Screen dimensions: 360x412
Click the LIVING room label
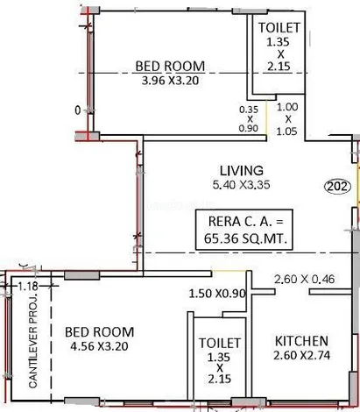pos(241,171)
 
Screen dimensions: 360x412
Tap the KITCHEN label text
pos(301,341)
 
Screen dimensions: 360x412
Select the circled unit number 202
pos(338,186)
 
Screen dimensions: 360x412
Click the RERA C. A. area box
pos(244,230)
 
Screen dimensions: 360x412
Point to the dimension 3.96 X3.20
pos(170,80)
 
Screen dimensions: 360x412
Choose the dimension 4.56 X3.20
pos(99,346)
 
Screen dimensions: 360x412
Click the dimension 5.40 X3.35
pos(241,185)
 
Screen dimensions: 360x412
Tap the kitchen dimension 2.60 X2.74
pos(301,355)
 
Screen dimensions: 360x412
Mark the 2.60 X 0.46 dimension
pos(304,279)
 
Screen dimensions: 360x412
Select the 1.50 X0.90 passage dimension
pos(217,294)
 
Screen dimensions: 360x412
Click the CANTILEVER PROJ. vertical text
pos(33,337)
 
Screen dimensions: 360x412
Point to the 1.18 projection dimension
pos(28,286)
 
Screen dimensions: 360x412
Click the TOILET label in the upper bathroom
pos(279,28)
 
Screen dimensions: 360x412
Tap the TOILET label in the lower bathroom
pos(220,343)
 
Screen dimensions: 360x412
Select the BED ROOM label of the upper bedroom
pos(170,66)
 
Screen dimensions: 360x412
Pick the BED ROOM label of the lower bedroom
pos(99,332)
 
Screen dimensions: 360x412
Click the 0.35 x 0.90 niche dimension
pos(249,118)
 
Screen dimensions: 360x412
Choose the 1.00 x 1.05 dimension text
pos(287,119)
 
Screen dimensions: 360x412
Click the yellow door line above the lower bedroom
pos(229,271)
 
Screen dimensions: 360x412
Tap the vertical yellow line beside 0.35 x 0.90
pos(266,117)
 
